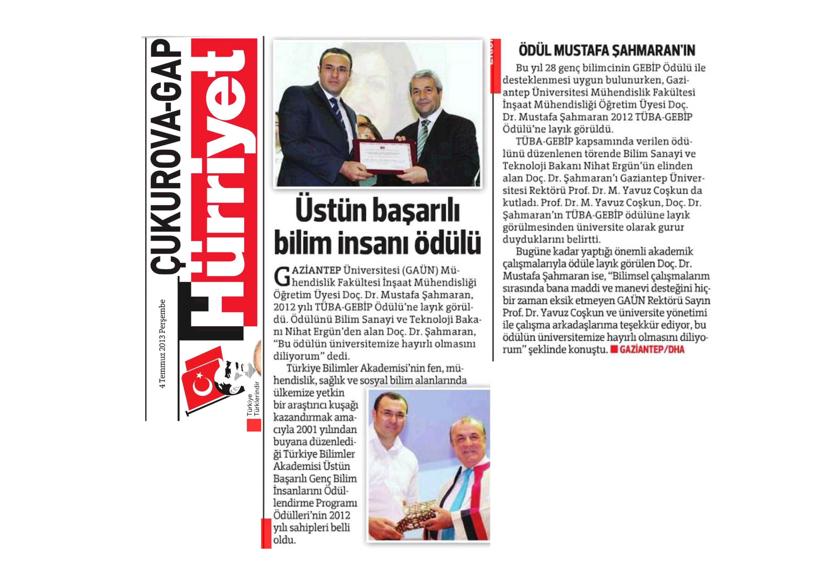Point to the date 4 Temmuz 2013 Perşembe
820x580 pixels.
[x=162, y=344]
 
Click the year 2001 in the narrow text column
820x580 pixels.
[x=306, y=429]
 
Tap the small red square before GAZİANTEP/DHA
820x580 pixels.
[x=614, y=350]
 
